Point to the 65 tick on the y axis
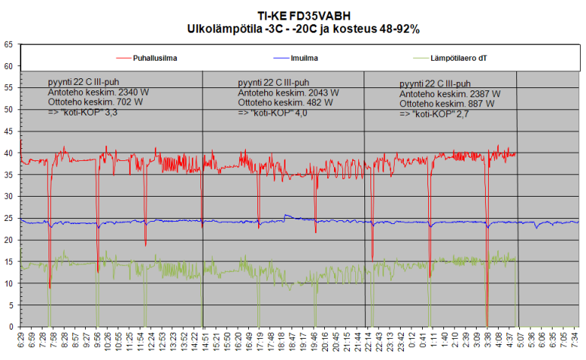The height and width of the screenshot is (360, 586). pos(8,45)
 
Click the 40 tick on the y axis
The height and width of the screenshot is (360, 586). pos(8,153)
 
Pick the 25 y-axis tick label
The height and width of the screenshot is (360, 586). pos(8,219)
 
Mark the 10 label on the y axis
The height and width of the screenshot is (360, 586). pos(8,284)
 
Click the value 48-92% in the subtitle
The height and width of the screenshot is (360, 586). pos(396,29)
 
